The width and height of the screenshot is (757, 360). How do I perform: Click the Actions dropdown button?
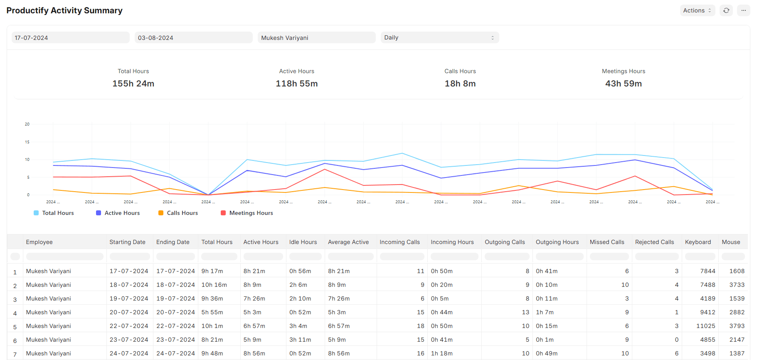click(697, 10)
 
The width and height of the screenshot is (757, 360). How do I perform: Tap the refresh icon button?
click(726, 10)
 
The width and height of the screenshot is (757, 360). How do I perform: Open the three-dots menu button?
click(743, 10)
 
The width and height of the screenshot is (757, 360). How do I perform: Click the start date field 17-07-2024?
click(70, 38)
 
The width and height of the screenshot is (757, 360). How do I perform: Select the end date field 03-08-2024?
click(193, 38)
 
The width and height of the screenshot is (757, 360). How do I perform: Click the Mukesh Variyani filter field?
click(316, 38)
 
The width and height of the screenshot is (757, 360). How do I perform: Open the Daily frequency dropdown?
click(439, 38)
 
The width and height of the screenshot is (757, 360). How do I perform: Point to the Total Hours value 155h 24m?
click(133, 84)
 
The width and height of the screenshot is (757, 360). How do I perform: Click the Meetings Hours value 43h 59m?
click(623, 84)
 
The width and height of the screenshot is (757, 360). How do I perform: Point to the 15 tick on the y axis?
click(27, 142)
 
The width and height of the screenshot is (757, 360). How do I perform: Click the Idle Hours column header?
click(303, 242)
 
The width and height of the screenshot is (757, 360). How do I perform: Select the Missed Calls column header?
click(607, 242)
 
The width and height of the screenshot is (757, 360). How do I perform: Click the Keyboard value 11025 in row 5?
click(705, 326)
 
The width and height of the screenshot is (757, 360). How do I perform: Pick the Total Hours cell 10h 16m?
click(214, 285)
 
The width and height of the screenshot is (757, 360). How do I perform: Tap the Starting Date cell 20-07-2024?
click(129, 312)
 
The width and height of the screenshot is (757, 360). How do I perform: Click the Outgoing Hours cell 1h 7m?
click(545, 312)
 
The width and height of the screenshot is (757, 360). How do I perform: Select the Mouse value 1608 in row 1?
click(737, 271)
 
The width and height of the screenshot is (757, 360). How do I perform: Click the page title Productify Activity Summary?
click(64, 10)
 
